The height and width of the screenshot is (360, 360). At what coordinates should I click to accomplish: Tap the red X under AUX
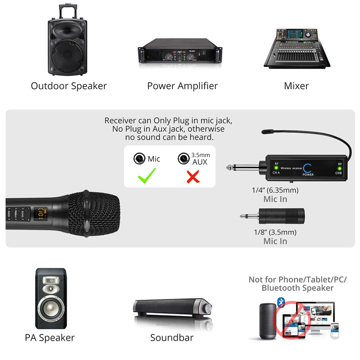(x=193, y=176)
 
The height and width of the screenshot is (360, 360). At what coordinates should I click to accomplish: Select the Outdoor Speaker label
(x=69, y=85)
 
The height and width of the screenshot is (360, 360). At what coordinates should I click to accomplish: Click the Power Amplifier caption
(x=182, y=85)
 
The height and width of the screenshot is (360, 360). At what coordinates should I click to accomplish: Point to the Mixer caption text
(x=296, y=85)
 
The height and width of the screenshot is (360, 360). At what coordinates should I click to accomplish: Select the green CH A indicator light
(x=276, y=168)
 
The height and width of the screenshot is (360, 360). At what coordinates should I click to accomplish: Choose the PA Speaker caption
(x=49, y=337)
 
